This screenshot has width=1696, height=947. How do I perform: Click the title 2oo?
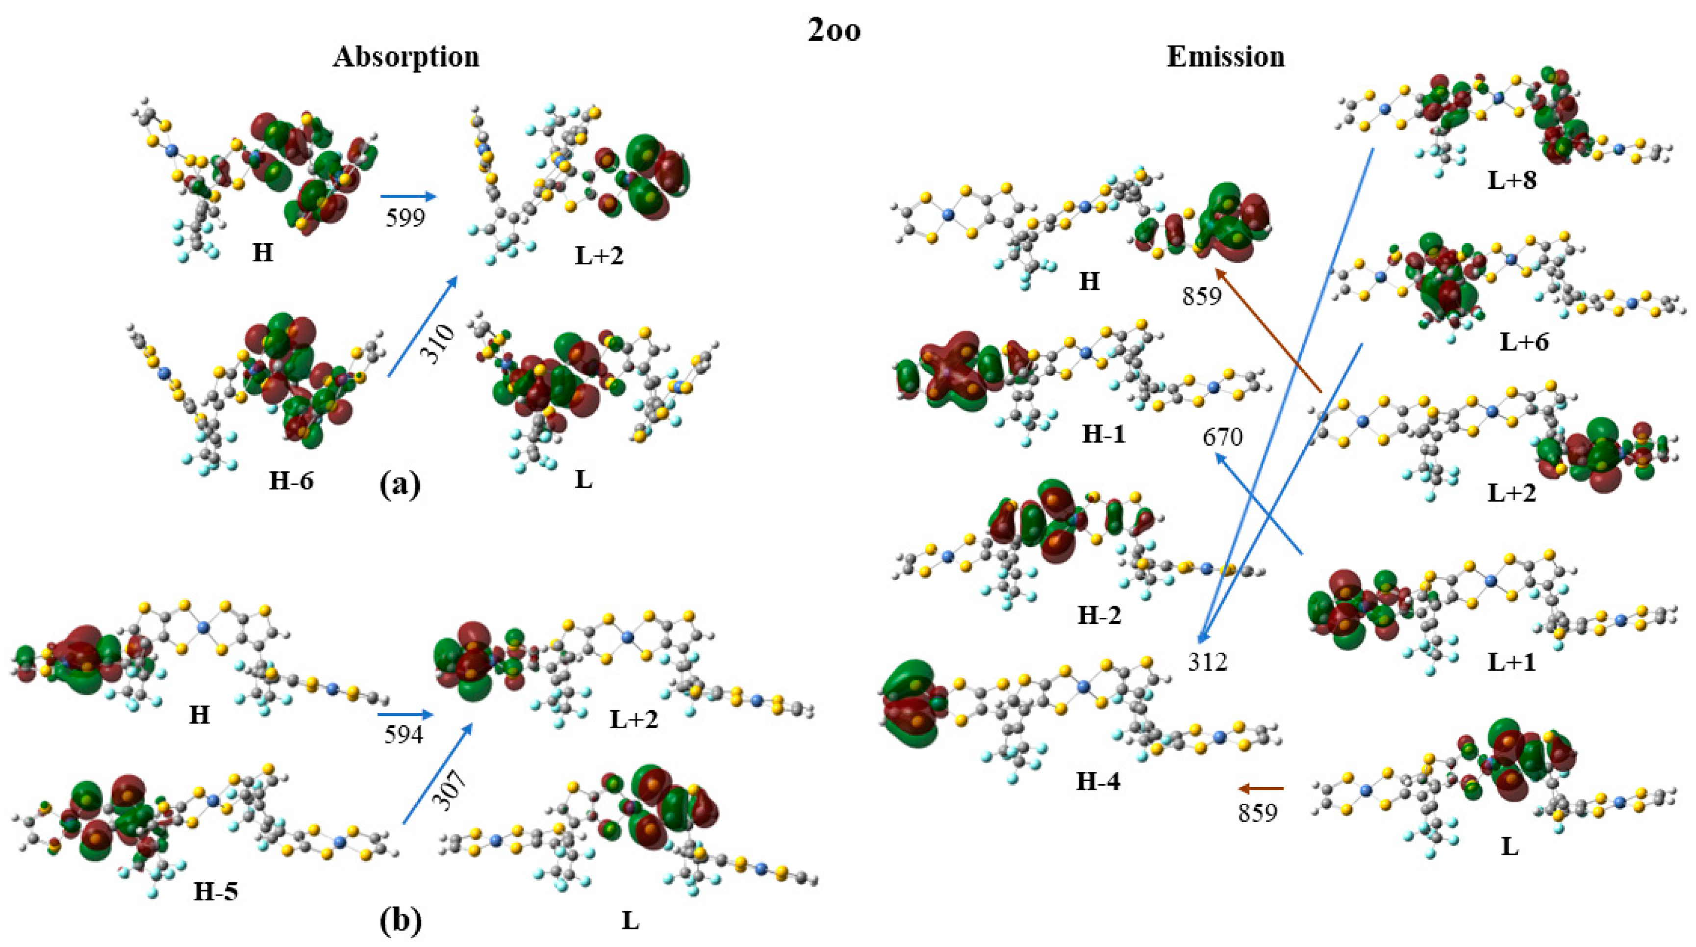834,31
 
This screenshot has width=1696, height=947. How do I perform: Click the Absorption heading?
406,57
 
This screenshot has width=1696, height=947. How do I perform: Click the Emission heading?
1225,57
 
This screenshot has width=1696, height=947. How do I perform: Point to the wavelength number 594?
404,734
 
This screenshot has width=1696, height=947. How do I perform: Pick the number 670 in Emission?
1223,437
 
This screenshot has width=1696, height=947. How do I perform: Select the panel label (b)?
400,922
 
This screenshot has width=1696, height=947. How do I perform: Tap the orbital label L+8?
1512,180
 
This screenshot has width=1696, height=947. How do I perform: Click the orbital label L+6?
1523,342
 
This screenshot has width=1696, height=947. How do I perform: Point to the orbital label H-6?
291,482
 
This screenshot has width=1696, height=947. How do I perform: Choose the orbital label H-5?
215,892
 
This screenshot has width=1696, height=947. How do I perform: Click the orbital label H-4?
1097,782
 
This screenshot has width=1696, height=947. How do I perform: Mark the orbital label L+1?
1511,663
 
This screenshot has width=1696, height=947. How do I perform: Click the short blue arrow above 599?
408,196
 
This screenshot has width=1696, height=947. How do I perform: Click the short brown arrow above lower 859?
1260,788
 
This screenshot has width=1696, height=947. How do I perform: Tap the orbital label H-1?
1103,435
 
